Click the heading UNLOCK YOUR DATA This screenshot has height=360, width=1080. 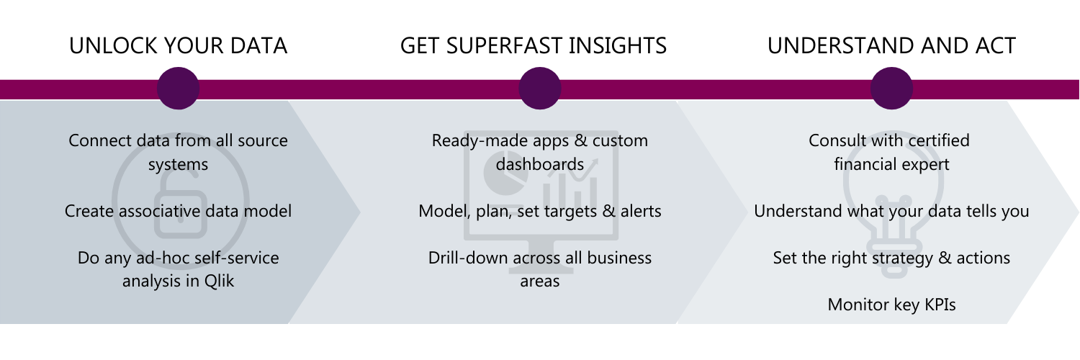pyautogui.click(x=178, y=46)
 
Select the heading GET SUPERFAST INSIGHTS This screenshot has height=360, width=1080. pyautogui.click(x=534, y=46)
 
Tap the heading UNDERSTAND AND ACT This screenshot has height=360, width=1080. pyautogui.click(x=891, y=46)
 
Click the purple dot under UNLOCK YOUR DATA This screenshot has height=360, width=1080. pyautogui.click(x=178, y=88)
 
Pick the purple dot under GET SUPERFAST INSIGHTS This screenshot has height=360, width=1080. pyautogui.click(x=539, y=88)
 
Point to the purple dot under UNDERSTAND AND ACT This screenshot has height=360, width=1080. pyautogui.click(x=891, y=88)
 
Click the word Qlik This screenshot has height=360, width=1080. pyautogui.click(x=219, y=281)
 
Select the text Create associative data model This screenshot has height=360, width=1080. pyautogui.click(x=178, y=211)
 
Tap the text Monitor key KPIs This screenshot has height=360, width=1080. pyautogui.click(x=891, y=305)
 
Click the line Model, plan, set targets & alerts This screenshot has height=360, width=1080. pyautogui.click(x=539, y=211)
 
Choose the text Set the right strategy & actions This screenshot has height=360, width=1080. pyautogui.click(x=891, y=258)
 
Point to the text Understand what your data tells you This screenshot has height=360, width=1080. pyautogui.click(x=891, y=211)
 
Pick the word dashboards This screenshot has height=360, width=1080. pyautogui.click(x=539, y=164)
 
